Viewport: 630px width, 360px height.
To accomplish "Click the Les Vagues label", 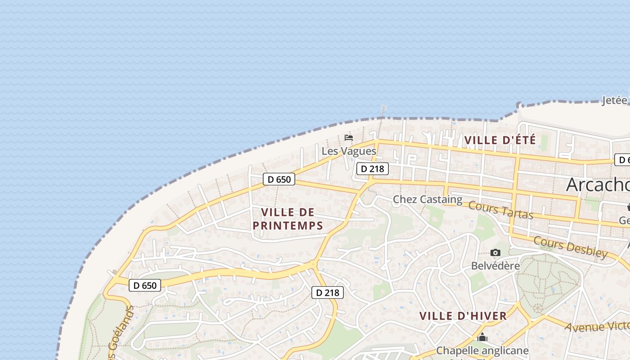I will pos(349,151).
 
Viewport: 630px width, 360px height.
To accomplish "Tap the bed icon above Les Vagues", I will pos(349,137).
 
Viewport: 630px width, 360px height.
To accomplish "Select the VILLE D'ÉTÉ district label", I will pos(500,140).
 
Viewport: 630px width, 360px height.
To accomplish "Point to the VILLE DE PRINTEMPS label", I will pos(288,219).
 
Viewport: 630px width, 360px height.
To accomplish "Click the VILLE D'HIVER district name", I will pos(463,316).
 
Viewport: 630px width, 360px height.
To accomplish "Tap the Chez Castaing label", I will pos(427,199).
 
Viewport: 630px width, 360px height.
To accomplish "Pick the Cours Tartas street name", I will pos(500,210).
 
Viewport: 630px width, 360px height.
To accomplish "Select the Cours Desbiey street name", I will pos(571,247).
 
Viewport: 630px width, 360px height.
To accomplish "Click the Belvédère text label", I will pos(495,265).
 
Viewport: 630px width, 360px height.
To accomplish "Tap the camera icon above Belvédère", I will pos(495,253).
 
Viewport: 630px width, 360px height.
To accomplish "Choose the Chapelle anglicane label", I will pos(482,350).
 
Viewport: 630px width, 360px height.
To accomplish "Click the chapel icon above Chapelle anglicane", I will pos(482,337).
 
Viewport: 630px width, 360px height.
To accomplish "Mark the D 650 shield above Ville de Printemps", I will pos(279,179).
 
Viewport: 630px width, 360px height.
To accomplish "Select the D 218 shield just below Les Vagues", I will pos(373,169).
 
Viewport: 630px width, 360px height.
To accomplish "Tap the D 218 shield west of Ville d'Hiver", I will pos(328,292).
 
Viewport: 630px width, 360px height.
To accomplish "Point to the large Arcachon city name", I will pos(598,184).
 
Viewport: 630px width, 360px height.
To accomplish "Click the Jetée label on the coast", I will pos(615,100).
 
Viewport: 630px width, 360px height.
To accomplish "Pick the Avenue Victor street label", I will pos(597,325).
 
